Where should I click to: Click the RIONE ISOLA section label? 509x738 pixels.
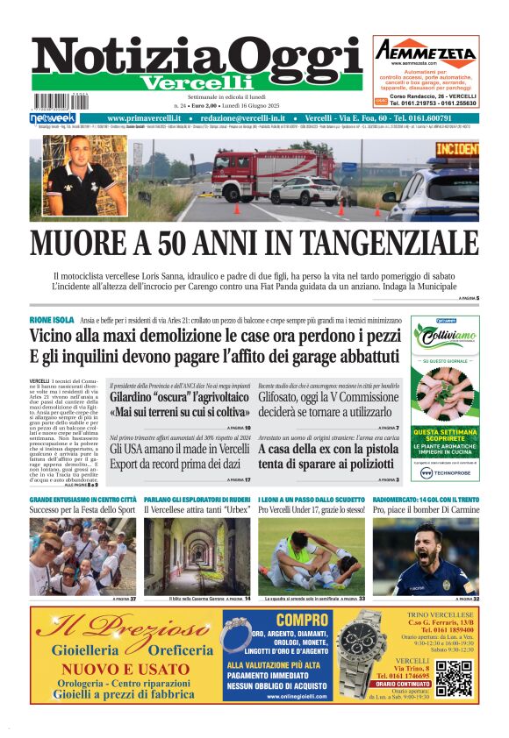[x=52, y=320]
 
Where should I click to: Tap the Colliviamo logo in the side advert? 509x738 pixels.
[x=447, y=338]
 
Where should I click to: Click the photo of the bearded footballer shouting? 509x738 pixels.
[x=426, y=556]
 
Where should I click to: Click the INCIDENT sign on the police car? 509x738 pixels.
[x=456, y=150]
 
